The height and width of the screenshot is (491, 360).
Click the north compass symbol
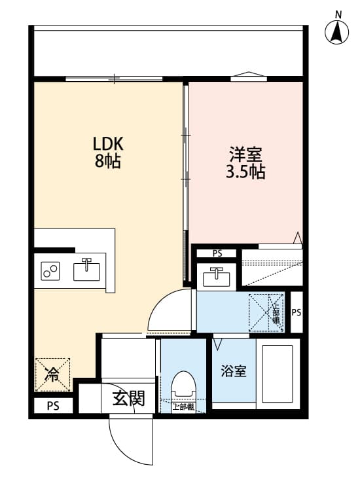(338, 31)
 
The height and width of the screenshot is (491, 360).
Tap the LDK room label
(108, 143)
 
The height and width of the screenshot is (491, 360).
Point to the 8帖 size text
(108, 161)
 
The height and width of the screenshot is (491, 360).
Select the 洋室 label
(245, 156)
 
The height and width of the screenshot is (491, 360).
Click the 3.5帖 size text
(245, 173)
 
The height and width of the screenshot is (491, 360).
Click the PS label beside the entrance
(52, 406)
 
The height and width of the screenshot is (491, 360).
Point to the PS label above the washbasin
(217, 253)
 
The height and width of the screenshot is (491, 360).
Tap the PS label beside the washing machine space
(296, 312)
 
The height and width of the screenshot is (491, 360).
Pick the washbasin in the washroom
(215, 277)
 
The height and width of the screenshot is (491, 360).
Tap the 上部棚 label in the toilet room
(183, 407)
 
